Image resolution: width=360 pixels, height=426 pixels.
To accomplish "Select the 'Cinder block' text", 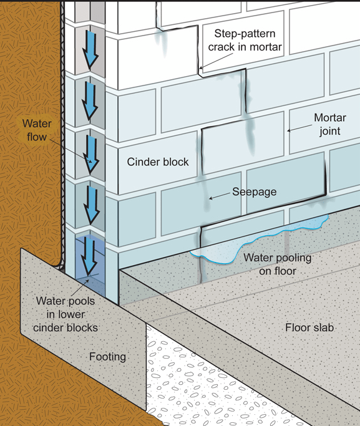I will pos(157,162).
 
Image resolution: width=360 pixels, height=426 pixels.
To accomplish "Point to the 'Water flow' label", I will pos(37,130).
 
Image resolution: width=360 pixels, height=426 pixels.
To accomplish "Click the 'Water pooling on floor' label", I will pos(277,264).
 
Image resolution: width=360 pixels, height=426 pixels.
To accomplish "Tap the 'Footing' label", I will pos(107,357).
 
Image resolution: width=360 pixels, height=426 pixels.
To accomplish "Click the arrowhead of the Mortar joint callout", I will pos(288,131).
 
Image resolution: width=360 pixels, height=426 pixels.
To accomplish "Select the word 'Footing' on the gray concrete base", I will pos(107,357).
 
